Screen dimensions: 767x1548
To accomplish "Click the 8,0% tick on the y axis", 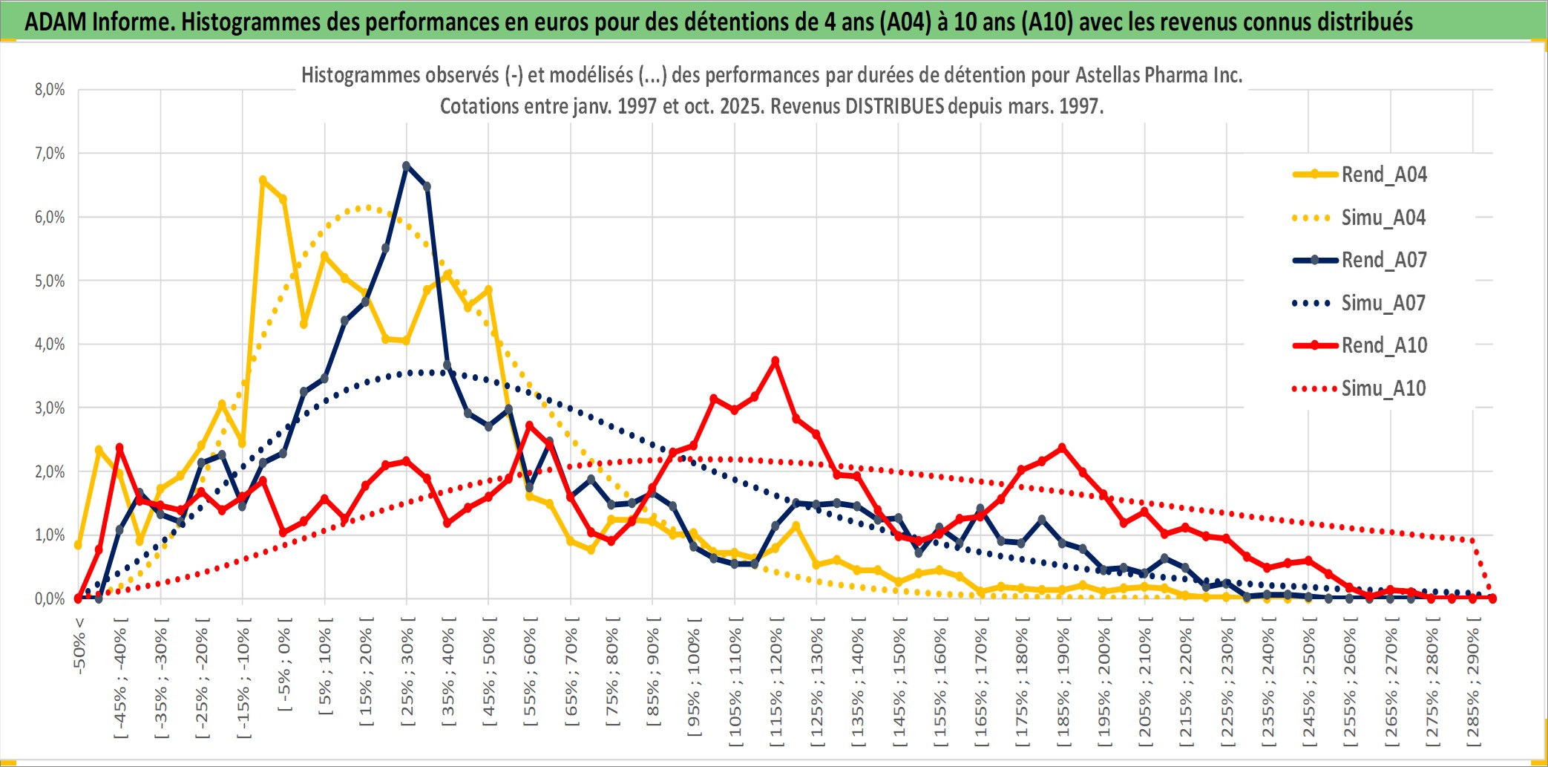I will tap(50, 90).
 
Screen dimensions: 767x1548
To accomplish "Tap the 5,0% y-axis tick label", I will tap(50, 281).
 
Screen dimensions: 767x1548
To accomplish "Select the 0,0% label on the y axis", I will tap(50, 598).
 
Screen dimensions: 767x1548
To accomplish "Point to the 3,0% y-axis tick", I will tap(50, 408).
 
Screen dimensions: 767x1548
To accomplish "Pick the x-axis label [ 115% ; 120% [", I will tap(775, 683).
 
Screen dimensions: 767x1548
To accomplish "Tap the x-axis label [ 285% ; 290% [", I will tap(1472, 683).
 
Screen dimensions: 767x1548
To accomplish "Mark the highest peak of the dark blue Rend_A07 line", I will tap(406, 166).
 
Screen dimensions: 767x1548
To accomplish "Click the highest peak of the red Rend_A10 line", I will tap(775, 361).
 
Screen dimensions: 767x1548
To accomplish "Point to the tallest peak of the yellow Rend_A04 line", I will tap(263, 180).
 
